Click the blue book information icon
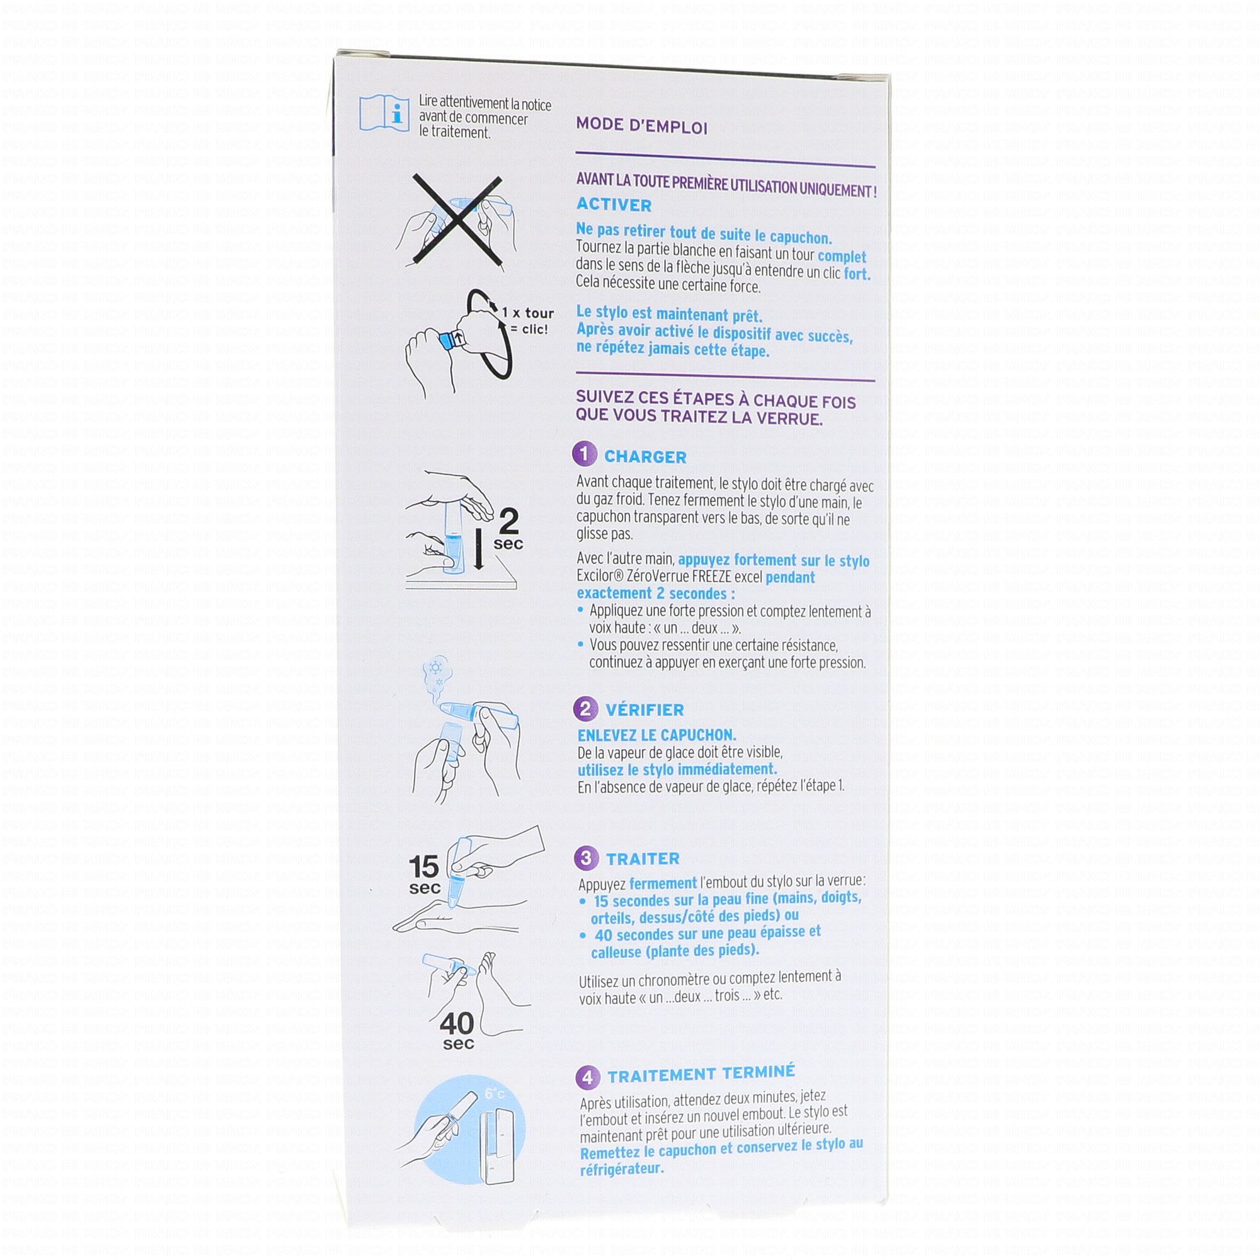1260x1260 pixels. tap(384, 113)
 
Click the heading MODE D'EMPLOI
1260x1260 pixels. tap(642, 126)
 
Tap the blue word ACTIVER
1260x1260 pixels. tap(614, 205)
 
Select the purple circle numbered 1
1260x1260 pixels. tap(585, 454)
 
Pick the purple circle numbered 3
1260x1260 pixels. tap(587, 857)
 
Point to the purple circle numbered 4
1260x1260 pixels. tap(588, 1077)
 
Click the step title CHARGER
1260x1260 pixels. tap(646, 457)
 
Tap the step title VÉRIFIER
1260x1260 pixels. tap(645, 709)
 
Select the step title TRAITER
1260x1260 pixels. tap(643, 859)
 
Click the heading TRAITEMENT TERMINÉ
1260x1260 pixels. tap(701, 1074)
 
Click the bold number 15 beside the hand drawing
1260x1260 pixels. tap(424, 867)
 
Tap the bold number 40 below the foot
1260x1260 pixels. tap(457, 1023)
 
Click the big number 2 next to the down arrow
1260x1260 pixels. tap(508, 521)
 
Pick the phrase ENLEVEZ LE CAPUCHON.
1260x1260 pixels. tap(656, 735)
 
